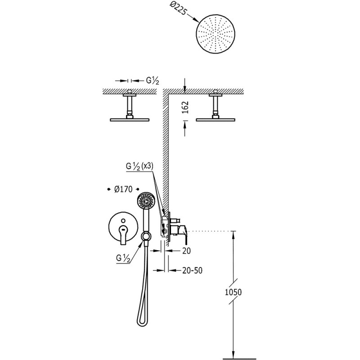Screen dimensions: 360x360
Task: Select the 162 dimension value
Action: click(185, 107)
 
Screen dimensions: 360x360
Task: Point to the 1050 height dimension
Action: click(233, 292)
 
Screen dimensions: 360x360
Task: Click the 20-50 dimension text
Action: click(193, 270)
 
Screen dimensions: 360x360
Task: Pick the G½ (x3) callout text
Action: click(139, 166)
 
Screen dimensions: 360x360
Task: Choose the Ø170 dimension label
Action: click(123, 189)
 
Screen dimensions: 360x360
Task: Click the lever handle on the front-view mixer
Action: click(123, 234)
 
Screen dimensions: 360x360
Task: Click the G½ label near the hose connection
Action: click(123, 258)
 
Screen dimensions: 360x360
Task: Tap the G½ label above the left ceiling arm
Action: click(153, 81)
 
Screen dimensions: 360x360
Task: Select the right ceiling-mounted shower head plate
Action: click(216, 120)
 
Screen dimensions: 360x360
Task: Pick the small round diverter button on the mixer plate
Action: click(123, 221)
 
